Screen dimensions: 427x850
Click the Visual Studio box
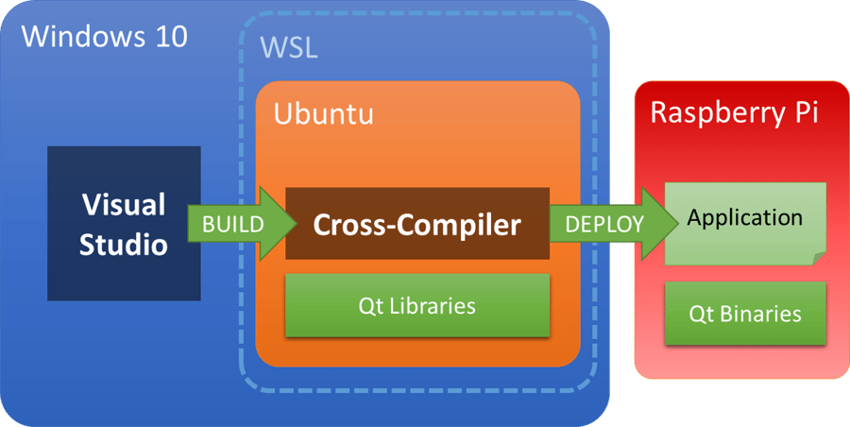coord(123,224)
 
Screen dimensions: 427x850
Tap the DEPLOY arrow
coord(609,224)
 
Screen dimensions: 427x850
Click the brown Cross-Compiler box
coord(416,225)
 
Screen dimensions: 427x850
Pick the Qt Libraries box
coord(416,306)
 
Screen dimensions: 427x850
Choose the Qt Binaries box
coord(745,313)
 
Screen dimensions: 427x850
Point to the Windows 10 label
coord(104,37)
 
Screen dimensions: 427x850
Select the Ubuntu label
coord(323,114)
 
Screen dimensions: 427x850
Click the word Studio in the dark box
coord(123,245)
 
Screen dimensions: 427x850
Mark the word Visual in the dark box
coord(123,204)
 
